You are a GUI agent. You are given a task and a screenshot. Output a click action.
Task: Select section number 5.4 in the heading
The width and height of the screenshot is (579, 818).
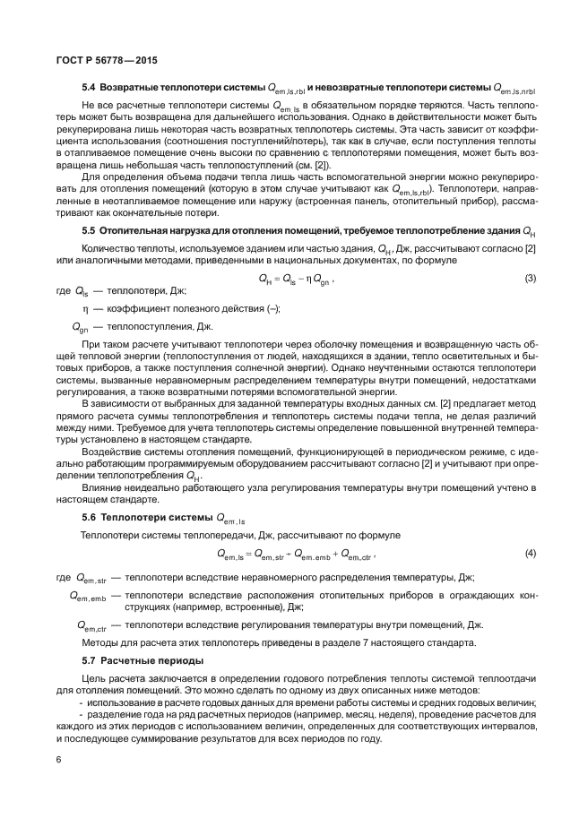[90, 88]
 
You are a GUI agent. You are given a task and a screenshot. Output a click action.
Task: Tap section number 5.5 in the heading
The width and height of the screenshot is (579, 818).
[90, 231]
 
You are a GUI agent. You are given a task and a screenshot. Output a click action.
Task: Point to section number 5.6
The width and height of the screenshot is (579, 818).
[90, 519]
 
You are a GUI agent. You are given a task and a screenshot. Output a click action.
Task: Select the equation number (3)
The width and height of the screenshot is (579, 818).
[530, 279]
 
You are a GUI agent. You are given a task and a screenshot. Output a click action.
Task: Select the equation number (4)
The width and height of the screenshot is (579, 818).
[530, 554]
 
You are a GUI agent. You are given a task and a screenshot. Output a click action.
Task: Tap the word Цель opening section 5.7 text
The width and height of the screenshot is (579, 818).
[94, 678]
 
